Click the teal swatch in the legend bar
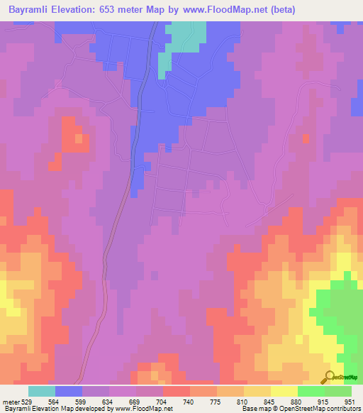(x=42, y=391)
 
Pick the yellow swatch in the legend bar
(x=284, y=391)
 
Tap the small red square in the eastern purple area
(x=306, y=138)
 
